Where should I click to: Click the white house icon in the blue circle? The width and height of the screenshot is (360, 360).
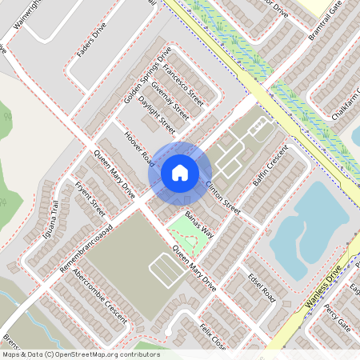point(180,172)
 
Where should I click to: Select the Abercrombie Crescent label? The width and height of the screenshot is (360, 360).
point(99,295)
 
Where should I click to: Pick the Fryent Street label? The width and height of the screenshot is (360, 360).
point(90,199)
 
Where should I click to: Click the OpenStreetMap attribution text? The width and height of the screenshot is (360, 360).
point(80,354)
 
